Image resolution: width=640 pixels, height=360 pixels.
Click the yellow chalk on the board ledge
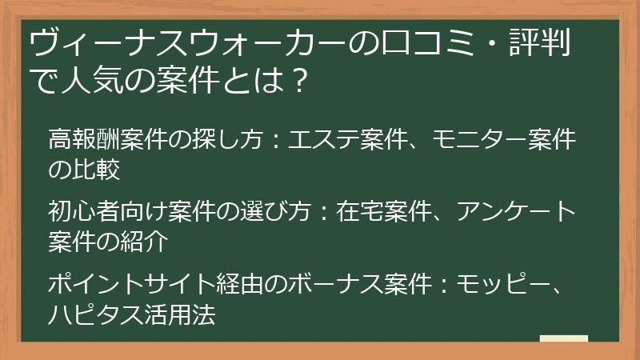click(564, 338)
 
